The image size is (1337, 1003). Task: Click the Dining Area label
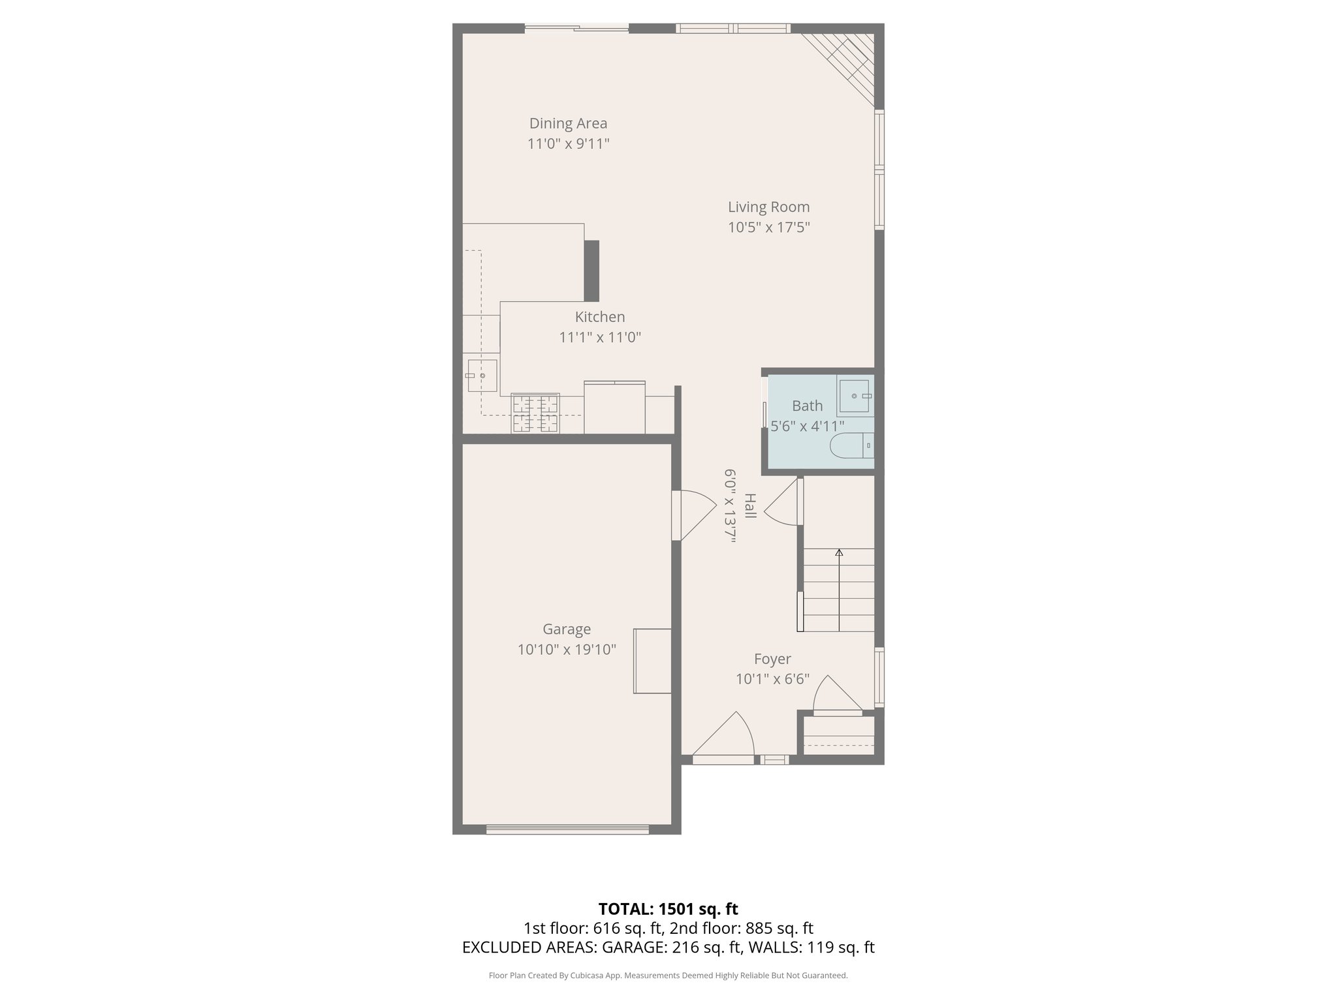[568, 123]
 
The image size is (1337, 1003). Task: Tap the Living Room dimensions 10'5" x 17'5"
[768, 227]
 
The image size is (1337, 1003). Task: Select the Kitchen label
[599, 317]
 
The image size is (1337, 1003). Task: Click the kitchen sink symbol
[482, 375]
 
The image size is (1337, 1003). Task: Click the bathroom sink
[855, 396]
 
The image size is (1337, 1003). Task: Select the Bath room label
[807, 406]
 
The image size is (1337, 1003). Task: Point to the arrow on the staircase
[839, 553]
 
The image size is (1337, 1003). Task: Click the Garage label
[567, 629]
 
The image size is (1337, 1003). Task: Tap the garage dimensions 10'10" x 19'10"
[567, 650]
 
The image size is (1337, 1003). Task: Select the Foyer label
[772, 659]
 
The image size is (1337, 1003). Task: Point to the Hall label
[750, 506]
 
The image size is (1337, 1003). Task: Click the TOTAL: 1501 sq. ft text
[668, 909]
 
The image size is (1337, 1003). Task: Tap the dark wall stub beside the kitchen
[591, 271]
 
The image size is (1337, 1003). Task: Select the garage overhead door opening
[567, 829]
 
